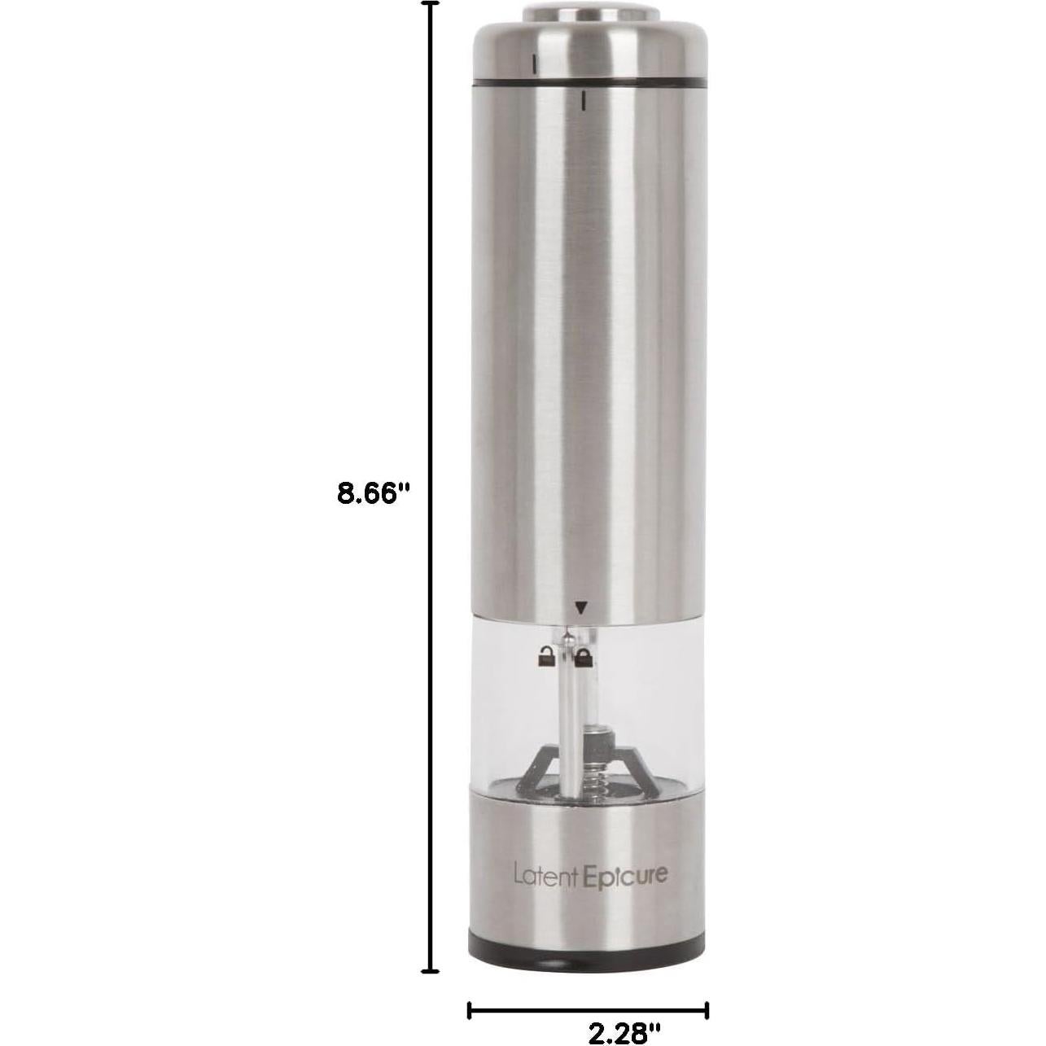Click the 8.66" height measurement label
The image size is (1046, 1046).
pos(370,494)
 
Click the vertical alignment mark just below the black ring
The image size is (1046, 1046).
pos(584,101)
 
